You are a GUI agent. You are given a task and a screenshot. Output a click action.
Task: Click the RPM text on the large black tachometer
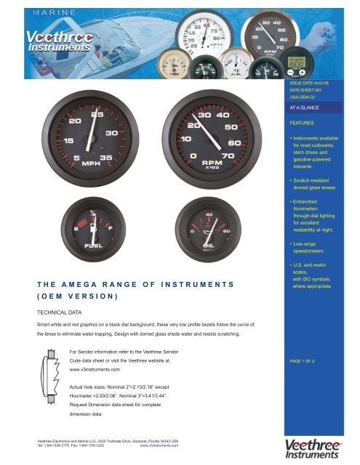tap(212, 163)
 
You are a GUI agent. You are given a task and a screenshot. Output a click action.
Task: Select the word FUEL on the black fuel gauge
tap(94, 246)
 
